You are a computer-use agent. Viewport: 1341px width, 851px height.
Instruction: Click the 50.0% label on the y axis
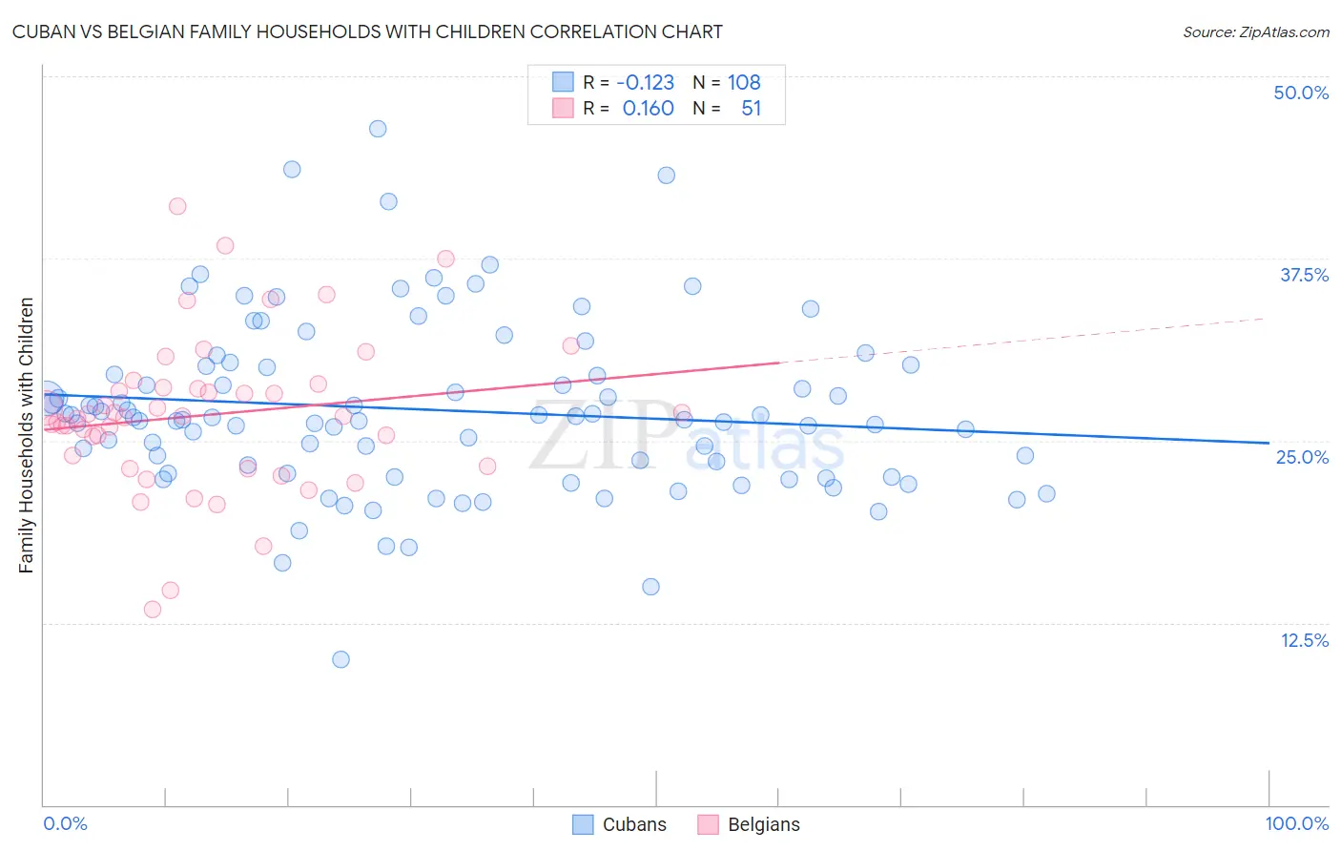tap(1301, 93)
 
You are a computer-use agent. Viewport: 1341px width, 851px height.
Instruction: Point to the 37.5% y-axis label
tap(1304, 275)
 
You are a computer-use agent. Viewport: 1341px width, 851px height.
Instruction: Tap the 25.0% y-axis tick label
tap(1302, 457)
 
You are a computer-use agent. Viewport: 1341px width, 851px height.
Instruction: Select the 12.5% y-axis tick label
tap(1304, 640)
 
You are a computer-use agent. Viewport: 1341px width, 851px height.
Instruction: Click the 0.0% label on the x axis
tap(65, 823)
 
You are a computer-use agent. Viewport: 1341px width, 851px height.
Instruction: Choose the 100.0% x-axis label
tap(1296, 823)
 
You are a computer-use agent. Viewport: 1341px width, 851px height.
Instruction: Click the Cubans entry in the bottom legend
tap(634, 824)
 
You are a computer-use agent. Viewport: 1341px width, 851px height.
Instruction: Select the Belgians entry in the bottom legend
tap(763, 824)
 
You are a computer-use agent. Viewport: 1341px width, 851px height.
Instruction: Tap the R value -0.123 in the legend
tap(645, 82)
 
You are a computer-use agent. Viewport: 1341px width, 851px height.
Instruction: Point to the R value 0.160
tap(648, 109)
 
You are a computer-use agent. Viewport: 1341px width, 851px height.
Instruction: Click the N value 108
tap(744, 82)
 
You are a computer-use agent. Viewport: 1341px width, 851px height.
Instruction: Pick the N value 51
tap(751, 109)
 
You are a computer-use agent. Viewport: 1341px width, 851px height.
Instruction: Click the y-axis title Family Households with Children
tap(26, 435)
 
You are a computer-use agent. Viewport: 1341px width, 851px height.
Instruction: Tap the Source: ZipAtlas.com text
tap(1255, 31)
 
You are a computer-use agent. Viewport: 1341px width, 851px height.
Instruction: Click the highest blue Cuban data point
tap(378, 129)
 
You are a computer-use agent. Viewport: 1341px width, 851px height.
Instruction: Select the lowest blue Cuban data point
tap(340, 659)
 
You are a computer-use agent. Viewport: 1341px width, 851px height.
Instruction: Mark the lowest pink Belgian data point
tap(153, 610)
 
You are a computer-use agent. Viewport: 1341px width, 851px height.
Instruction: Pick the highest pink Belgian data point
tap(177, 206)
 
